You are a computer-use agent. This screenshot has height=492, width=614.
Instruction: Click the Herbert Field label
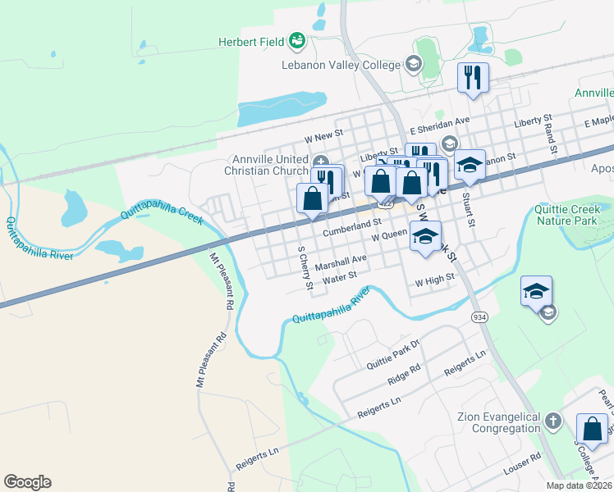click(251, 42)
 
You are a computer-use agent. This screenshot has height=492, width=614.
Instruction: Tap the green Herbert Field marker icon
click(297, 40)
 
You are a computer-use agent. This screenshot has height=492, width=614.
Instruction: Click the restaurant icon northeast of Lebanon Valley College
click(473, 78)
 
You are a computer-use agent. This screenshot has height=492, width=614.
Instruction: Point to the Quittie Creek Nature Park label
click(573, 215)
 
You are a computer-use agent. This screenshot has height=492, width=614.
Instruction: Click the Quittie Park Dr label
click(393, 354)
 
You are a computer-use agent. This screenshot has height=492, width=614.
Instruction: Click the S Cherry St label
click(305, 269)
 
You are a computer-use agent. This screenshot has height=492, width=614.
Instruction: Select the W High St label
click(434, 280)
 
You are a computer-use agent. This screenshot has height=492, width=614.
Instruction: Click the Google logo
click(27, 482)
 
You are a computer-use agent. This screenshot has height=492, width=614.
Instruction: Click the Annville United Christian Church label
click(268, 165)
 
